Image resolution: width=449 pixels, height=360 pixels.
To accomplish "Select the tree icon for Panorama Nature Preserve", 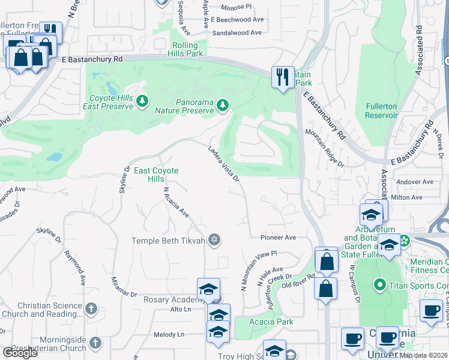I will pyautogui.click(x=223, y=106).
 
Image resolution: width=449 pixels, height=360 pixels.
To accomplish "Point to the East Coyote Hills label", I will pyautogui.click(x=156, y=175).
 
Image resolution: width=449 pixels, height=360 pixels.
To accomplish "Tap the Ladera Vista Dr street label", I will pyautogui.click(x=224, y=162).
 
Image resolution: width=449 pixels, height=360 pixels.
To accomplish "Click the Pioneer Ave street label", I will pyautogui.click(x=279, y=238).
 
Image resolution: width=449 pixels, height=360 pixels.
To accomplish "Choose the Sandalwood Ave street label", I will pyautogui.click(x=238, y=34).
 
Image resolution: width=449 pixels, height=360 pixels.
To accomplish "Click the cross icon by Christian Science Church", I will pyautogui.click(x=91, y=309).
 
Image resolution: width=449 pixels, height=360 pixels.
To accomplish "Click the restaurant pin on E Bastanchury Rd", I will pyautogui.click(x=282, y=77).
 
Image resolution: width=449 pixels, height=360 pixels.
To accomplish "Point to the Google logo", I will pyautogui.click(x=20, y=353).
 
